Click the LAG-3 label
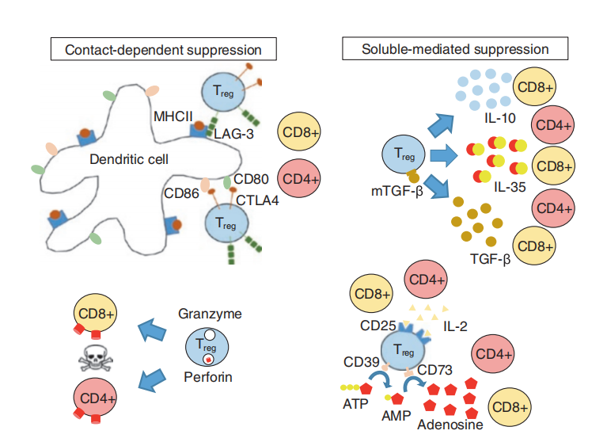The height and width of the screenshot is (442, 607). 233,135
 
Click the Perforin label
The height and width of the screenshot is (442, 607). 208,377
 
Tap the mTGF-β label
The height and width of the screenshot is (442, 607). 392,190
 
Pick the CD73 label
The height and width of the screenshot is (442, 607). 434,368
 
